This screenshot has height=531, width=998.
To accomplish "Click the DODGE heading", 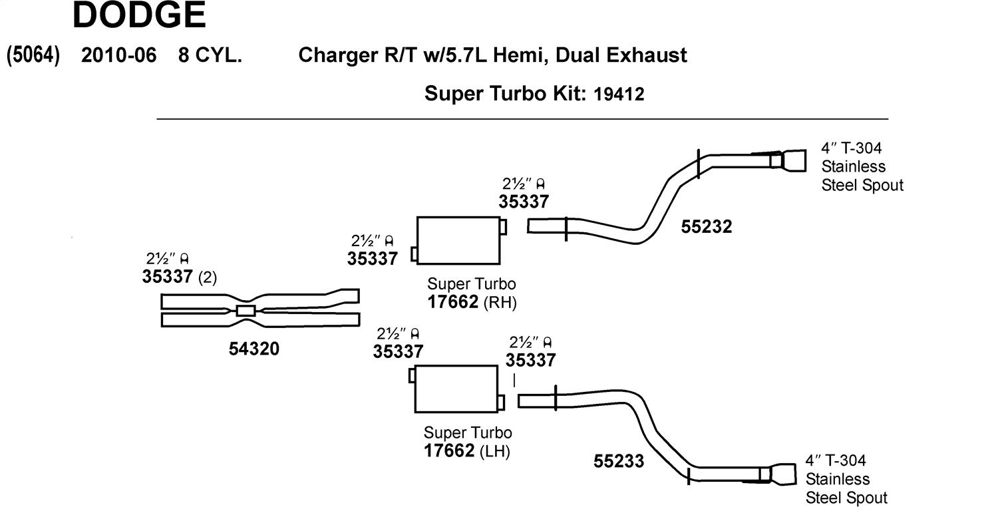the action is pos(139,15).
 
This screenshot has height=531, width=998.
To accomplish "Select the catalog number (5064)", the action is pos(33,55).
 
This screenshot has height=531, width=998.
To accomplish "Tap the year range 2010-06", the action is pos(119,55).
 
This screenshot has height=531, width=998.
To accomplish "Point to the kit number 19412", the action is pos(619,94).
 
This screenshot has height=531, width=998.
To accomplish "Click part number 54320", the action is pos(254,349).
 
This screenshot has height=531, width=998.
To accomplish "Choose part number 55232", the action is pos(706,227).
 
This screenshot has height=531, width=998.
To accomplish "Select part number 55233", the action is pos(619,461).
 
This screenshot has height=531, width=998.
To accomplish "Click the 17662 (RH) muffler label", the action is pos(472,302).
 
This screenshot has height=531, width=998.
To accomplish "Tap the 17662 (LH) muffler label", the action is pos(467,450).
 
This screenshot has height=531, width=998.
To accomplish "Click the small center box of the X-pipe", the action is pos(246,311).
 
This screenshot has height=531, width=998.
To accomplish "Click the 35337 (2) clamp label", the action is pos(180,277).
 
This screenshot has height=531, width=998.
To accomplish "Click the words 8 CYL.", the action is pos(210,55).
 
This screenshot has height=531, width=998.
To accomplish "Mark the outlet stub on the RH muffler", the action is pos(503,227).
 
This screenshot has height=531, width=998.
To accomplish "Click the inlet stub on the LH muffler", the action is pos(412,376).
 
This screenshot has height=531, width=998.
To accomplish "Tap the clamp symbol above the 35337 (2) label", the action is pos(184,258).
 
